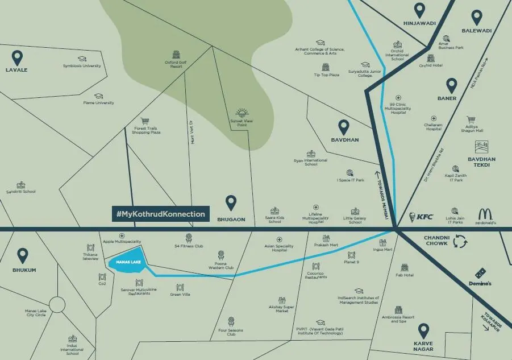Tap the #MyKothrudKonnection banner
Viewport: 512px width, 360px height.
point(160,214)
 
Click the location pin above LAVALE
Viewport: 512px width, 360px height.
point(18,57)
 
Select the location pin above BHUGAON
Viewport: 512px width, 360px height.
point(231,202)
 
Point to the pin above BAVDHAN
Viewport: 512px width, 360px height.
point(344,127)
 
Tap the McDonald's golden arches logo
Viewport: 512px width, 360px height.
point(485,214)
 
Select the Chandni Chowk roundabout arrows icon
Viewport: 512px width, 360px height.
point(460,242)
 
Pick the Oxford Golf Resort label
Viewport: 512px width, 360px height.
point(176,64)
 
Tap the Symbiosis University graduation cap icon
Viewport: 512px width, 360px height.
point(82,59)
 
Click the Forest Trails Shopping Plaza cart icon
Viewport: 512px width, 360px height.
point(145,121)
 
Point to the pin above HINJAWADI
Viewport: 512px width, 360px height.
point(419,10)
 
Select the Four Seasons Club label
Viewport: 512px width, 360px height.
point(231,332)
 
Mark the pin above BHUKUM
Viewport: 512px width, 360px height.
point(23,255)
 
